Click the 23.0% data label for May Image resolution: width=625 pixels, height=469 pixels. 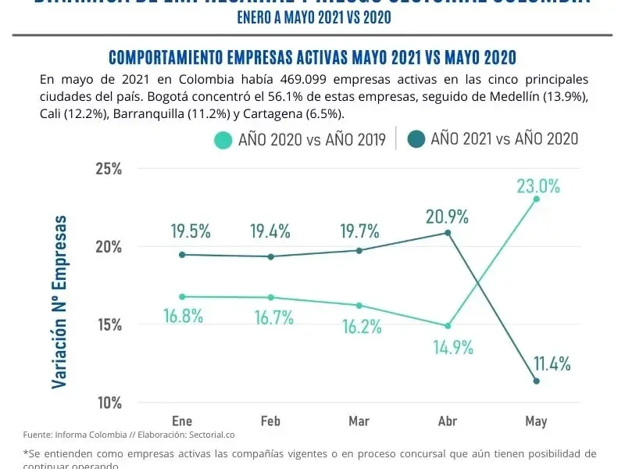(x=537, y=186)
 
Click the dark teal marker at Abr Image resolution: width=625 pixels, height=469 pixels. (x=448, y=233)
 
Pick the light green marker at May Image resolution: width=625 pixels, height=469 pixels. (x=536, y=199)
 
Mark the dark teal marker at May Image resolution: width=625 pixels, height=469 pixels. (x=536, y=381)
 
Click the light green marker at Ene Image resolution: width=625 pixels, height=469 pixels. (x=182, y=296)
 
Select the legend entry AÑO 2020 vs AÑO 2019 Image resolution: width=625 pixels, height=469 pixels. (x=302, y=140)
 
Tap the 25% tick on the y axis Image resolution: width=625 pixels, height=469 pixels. (x=108, y=169)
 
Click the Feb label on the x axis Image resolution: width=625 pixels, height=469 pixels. (x=270, y=421)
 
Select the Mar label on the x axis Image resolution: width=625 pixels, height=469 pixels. (x=359, y=421)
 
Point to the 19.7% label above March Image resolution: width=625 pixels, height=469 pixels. (x=359, y=231)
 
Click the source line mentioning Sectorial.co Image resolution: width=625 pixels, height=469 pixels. (x=129, y=435)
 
